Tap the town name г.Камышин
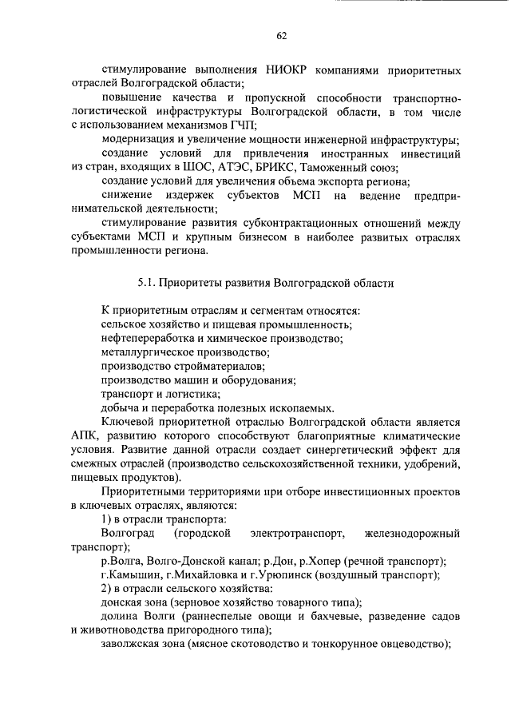point(131,574)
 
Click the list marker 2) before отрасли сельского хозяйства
point(107,589)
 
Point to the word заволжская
point(131,645)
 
